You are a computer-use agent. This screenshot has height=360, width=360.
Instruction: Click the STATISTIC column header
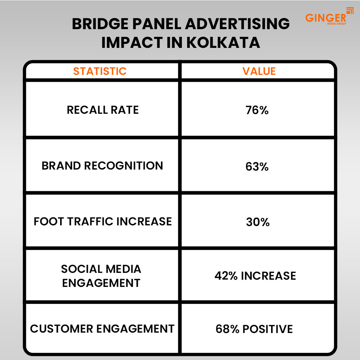(x=100, y=71)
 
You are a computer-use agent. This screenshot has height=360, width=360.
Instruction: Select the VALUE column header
(x=259, y=71)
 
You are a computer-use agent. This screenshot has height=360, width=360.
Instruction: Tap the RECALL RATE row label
(x=103, y=110)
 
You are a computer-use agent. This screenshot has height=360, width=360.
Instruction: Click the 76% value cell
(x=257, y=110)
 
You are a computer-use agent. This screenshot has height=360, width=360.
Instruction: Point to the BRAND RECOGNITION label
(x=102, y=166)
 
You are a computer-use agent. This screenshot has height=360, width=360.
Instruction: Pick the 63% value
(x=257, y=167)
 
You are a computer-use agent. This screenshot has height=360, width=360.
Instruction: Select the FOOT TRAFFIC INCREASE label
(x=103, y=221)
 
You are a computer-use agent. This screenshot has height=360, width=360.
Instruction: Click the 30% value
(x=258, y=222)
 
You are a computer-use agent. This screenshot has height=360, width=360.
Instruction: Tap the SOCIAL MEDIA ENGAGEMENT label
(x=101, y=276)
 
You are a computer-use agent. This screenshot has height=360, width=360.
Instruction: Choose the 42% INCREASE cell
(x=255, y=276)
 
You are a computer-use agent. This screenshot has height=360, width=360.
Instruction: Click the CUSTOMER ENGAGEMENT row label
(x=102, y=328)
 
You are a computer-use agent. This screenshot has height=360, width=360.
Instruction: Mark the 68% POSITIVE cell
(x=254, y=329)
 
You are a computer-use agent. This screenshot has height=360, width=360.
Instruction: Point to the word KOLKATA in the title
(x=223, y=42)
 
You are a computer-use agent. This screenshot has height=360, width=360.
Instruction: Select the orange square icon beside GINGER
(x=350, y=11)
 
